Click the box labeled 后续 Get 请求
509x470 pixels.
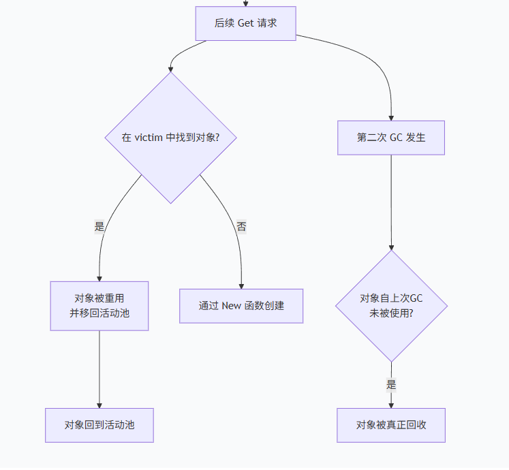pos(245,23)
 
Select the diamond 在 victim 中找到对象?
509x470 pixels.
pos(170,138)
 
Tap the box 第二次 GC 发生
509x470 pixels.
pos(391,138)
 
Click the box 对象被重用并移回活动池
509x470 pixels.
pos(99,306)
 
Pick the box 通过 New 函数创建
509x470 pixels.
pos(241,306)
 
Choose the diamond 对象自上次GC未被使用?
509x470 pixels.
pos(391,306)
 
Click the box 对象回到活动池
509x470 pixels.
pos(99,425)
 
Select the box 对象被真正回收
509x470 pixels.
pos(391,425)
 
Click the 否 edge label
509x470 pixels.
pos(241,227)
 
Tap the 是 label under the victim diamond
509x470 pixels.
pos(99,227)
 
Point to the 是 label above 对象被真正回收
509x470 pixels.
pos(391,385)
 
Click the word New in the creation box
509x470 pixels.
pos(231,306)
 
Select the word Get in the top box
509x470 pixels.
pos(245,23)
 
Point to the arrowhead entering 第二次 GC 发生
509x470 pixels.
pos(391,117)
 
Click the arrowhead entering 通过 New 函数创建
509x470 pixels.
pos(241,285)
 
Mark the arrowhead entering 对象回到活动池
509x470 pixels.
pos(99,405)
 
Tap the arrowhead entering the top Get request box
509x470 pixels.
pos(245,3)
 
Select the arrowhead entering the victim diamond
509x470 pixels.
pos(170,69)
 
